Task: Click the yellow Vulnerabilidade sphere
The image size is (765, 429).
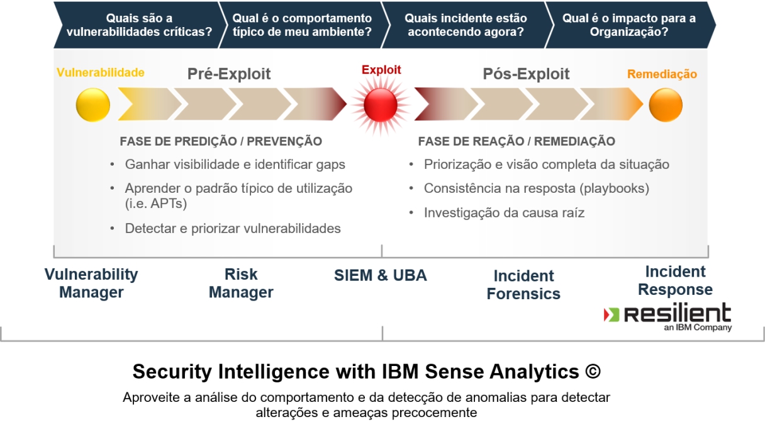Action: (x=92, y=105)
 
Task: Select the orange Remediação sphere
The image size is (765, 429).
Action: (x=666, y=105)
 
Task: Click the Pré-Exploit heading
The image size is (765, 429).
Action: (x=229, y=74)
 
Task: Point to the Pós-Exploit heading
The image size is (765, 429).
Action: (x=526, y=74)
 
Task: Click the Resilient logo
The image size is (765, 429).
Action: (x=667, y=315)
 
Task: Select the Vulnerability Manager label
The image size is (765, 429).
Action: (x=91, y=283)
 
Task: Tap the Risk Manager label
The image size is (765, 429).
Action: (x=241, y=283)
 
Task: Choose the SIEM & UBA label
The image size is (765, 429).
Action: (x=380, y=275)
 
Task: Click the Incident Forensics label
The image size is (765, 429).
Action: (x=523, y=285)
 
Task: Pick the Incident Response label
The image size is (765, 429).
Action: (x=675, y=281)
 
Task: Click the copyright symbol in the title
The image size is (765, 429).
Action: (x=592, y=372)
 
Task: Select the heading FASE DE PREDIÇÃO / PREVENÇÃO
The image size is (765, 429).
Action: (x=221, y=142)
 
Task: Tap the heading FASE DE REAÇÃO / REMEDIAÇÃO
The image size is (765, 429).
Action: (x=517, y=142)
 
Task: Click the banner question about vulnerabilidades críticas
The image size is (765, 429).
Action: (x=139, y=25)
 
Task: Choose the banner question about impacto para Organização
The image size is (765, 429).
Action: (x=628, y=25)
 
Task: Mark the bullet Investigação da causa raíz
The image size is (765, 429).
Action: (x=504, y=213)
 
